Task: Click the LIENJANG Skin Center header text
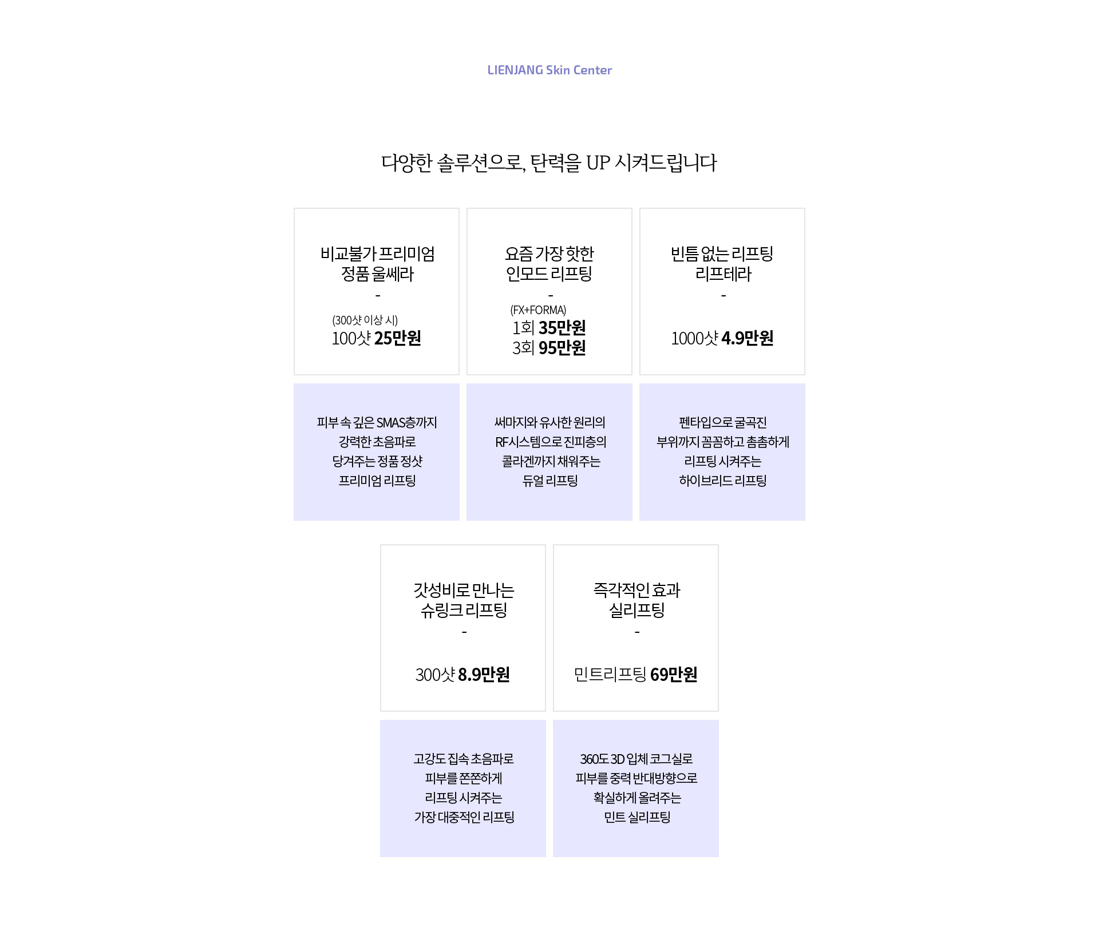click(x=549, y=70)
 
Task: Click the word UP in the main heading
click(x=598, y=163)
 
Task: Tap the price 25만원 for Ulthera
click(x=398, y=338)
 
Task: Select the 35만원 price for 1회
click(x=562, y=328)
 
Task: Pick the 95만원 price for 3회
click(x=562, y=348)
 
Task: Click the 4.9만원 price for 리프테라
click(x=748, y=338)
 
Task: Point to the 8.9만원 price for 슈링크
click(x=484, y=675)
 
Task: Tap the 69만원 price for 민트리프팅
click(x=674, y=675)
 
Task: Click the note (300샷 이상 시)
click(x=365, y=320)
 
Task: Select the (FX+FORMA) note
click(x=538, y=310)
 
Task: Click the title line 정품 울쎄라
click(x=377, y=274)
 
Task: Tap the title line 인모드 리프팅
click(x=549, y=274)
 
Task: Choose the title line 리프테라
click(x=723, y=274)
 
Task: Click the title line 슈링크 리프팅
click(x=464, y=611)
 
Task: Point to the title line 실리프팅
click(x=637, y=611)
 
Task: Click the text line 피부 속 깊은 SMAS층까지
click(x=377, y=423)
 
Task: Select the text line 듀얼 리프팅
click(x=550, y=481)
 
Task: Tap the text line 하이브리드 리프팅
click(x=723, y=481)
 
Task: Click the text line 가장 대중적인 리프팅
click(x=464, y=817)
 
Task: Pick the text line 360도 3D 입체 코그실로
click(x=637, y=759)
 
